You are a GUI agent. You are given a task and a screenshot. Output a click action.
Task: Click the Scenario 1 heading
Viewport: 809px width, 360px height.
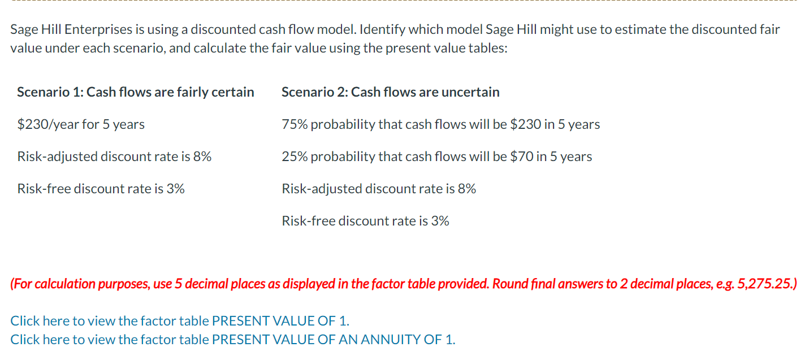click(136, 92)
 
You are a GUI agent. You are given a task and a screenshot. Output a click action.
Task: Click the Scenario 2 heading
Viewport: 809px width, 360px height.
click(390, 92)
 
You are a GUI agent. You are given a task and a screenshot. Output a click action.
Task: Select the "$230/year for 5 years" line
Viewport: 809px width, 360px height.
click(81, 124)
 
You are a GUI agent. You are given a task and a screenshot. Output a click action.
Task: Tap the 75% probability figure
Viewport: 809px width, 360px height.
click(295, 124)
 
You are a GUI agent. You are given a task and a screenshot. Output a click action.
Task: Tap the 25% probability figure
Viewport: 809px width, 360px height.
click(295, 157)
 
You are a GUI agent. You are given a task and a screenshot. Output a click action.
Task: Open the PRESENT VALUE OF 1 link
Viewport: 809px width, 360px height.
click(280, 321)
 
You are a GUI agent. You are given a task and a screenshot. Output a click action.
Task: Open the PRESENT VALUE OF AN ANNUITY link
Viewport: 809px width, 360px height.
click(333, 340)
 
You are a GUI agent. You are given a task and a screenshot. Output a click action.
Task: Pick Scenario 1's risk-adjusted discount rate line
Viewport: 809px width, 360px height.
click(114, 157)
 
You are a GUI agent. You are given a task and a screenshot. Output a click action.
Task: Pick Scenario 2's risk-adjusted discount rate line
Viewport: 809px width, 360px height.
click(379, 189)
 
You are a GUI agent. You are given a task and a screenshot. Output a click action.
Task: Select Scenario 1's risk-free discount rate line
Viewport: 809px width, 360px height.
click(101, 189)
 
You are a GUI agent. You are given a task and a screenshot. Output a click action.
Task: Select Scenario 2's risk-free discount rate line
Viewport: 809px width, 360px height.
click(365, 221)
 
